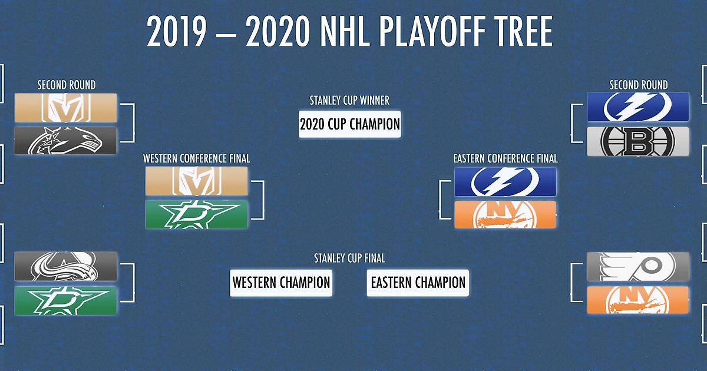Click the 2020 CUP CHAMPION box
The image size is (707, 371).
[x=350, y=124]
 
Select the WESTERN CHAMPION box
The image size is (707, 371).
[x=281, y=283]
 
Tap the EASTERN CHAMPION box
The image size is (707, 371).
[x=418, y=283]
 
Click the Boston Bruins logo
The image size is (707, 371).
[x=638, y=141]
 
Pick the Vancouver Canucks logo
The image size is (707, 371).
[x=65, y=141]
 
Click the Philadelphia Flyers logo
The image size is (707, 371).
[x=638, y=267]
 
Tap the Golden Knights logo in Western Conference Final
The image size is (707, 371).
[x=197, y=181]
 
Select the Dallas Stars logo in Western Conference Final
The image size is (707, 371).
[x=197, y=214]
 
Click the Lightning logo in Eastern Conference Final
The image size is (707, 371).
[x=506, y=182]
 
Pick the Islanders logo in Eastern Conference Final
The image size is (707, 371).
[x=506, y=214]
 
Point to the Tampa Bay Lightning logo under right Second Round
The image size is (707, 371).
[x=638, y=107]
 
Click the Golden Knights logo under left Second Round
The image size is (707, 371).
[x=65, y=108]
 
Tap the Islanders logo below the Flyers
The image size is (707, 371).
[x=638, y=300]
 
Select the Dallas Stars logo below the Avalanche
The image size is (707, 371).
[x=65, y=301]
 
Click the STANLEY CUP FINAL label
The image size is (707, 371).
[x=349, y=259]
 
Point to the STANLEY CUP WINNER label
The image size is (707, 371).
[x=349, y=101]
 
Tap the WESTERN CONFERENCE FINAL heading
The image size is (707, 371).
[x=197, y=158]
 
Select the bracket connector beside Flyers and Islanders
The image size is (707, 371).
[x=571, y=282]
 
